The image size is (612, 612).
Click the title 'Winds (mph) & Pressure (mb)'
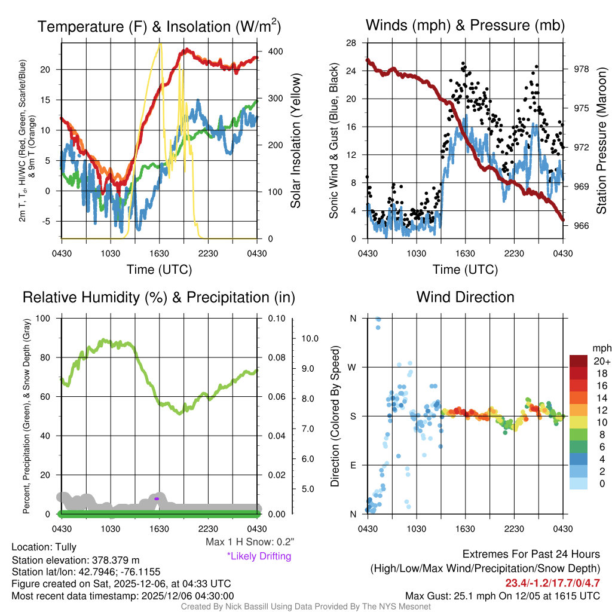point(465,26)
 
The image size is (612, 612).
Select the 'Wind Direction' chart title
point(465,297)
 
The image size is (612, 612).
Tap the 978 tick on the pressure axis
point(581,69)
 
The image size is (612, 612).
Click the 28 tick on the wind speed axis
point(351,42)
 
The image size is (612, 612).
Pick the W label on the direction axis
point(353,367)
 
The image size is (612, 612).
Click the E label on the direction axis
point(353,465)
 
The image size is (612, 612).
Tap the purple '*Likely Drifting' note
point(259,556)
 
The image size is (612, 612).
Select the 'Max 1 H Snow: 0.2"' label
point(249,542)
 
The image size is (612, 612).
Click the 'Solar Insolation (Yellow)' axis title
point(296,141)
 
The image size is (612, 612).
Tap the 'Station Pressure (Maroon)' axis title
point(602,141)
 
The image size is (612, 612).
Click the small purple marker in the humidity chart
point(157,498)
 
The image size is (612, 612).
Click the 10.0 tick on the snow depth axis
point(310,338)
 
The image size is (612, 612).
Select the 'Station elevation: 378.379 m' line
point(75,560)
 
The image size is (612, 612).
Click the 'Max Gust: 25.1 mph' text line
point(502,596)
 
